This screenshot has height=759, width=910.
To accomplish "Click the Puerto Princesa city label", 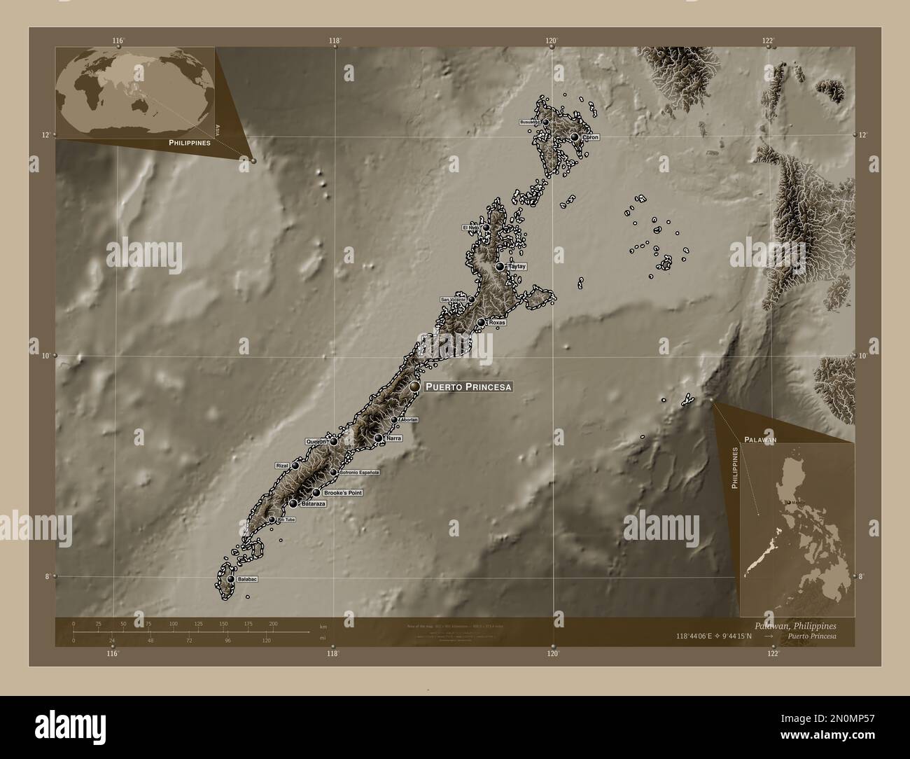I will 469,387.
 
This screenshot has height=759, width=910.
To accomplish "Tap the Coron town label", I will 589,138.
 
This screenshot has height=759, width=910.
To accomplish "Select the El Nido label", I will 470,228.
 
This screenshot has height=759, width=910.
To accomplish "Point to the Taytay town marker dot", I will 500,267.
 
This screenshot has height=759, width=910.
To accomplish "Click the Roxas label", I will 497,323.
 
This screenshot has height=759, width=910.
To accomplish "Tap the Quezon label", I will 316,442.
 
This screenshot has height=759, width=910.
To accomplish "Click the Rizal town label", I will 282,466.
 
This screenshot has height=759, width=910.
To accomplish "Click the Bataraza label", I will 313,504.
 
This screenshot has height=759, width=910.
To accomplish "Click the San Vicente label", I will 453,300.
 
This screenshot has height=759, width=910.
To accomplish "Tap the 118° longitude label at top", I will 335,41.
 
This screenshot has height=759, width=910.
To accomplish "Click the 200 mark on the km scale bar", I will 273,623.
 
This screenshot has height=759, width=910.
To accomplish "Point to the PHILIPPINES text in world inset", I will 190,142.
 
